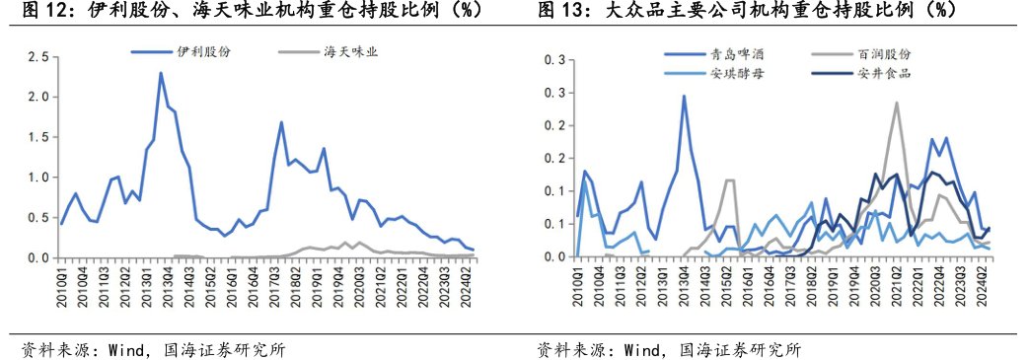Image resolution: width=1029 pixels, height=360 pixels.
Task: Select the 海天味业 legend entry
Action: point(351,51)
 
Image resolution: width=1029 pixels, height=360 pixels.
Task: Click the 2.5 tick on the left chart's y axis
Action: point(37,57)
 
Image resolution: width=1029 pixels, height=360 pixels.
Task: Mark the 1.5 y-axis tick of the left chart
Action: point(37,137)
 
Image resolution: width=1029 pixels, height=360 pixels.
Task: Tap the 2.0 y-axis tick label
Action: point(37,98)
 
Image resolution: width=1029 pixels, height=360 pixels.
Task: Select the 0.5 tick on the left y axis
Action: point(37,218)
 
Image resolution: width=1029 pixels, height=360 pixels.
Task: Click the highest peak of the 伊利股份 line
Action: point(160,73)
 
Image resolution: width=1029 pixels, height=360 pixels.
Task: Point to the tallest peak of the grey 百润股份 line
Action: point(897,103)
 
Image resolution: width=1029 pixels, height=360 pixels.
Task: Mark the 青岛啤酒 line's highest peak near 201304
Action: point(684,97)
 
